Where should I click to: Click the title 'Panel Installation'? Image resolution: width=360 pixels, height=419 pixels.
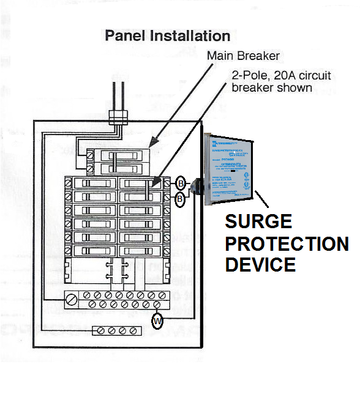click(167, 35)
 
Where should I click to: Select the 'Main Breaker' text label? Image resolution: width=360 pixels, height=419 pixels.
click(243, 56)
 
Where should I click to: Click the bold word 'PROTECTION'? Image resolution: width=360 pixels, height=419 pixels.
click(287, 243)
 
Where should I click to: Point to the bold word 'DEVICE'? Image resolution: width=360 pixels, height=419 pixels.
click(261, 264)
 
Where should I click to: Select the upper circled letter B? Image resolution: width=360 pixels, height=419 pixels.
click(181, 183)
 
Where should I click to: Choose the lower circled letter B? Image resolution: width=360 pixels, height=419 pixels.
click(181, 198)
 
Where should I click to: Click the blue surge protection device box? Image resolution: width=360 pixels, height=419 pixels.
click(228, 168)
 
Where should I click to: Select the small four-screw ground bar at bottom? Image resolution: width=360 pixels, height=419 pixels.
click(116, 331)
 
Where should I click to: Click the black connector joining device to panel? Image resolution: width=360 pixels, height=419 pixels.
click(196, 186)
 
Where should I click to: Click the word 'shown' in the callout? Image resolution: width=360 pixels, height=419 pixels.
click(297, 87)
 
